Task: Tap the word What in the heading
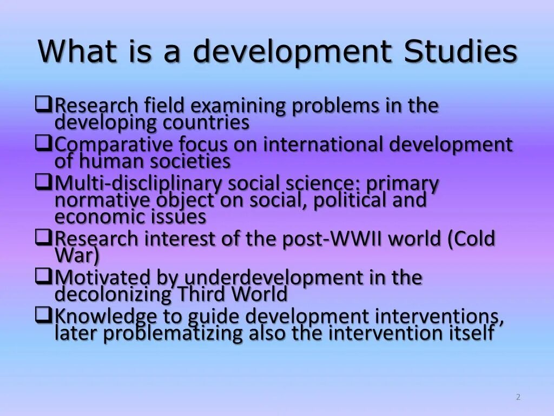(77, 52)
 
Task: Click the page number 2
(518, 397)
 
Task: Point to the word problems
(336, 106)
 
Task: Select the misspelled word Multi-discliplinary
(138, 184)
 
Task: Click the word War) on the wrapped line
(77, 255)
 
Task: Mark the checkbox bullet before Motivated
(43, 276)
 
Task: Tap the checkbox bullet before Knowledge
(43, 315)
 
